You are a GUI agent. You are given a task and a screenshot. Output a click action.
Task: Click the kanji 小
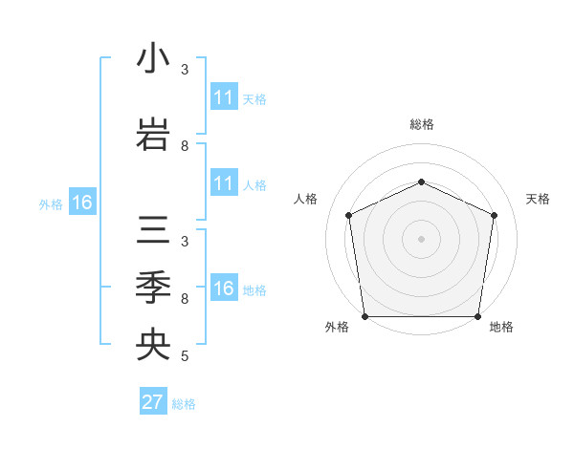point(153,59)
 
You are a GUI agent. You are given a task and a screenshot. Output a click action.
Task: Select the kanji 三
point(153,232)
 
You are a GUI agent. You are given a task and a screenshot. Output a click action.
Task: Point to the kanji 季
point(153,287)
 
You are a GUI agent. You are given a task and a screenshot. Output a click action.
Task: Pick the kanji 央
point(153,345)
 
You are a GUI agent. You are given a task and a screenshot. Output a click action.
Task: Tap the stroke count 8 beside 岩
point(185,146)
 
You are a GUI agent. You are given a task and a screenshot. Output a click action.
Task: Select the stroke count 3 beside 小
point(185,70)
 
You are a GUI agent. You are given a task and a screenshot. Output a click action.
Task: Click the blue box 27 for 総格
point(152,402)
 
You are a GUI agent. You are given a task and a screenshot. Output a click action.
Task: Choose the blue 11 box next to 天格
point(223,97)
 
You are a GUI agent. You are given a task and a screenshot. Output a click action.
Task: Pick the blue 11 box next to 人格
point(223,183)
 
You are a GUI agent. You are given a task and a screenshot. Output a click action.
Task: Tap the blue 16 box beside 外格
point(81,203)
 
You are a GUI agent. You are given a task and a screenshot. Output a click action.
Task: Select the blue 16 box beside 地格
point(223,289)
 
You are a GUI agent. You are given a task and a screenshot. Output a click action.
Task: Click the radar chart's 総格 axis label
point(421,124)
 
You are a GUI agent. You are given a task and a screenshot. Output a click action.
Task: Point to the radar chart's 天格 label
point(538,199)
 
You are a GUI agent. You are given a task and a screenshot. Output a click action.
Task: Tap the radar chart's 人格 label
point(306,199)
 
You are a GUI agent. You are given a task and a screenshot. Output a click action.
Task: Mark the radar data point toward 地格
point(477,316)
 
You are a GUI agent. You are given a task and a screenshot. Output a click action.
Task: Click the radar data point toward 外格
point(364,316)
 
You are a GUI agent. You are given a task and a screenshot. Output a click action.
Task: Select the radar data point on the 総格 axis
point(421,182)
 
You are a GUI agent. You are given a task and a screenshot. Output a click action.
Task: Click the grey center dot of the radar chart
point(421,238)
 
